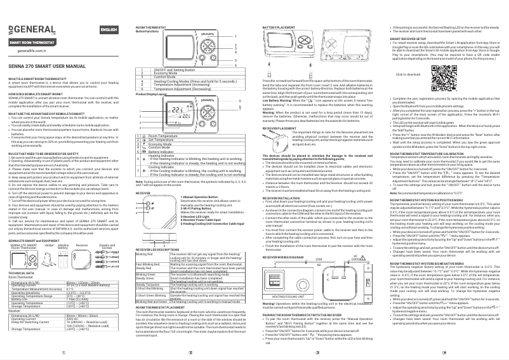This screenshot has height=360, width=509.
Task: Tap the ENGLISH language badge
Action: coord(109,30)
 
